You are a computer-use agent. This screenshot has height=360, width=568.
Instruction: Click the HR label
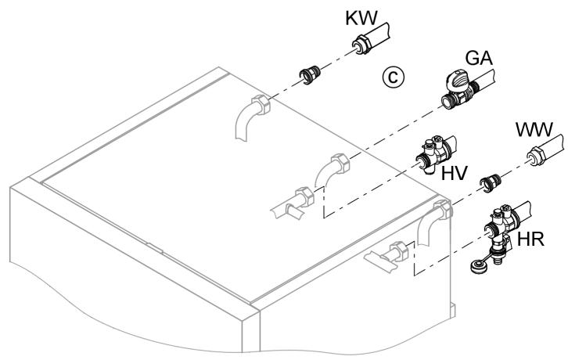coord(535,239)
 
